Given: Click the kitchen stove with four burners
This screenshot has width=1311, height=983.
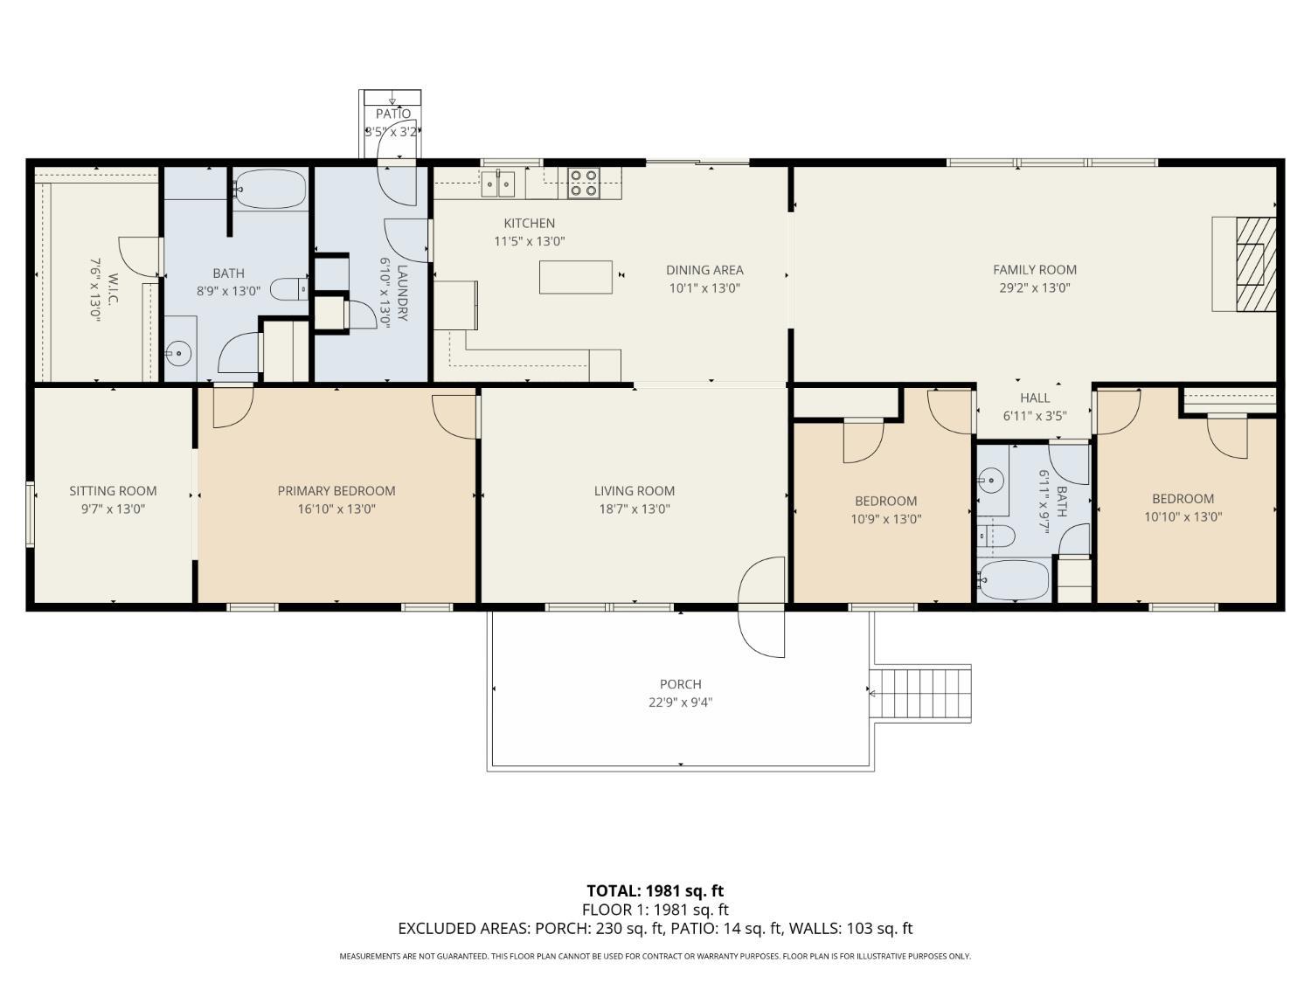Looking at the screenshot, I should (x=583, y=183).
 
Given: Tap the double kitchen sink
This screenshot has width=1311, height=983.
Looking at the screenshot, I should (x=498, y=183).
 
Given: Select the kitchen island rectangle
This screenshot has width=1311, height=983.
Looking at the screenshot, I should (x=575, y=277).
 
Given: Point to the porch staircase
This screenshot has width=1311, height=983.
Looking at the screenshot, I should (x=923, y=693).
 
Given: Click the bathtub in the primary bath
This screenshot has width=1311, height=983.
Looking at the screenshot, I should (x=270, y=190).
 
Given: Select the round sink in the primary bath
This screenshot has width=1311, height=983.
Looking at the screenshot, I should (x=178, y=355).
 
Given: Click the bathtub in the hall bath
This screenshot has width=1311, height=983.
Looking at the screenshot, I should (x=1013, y=580).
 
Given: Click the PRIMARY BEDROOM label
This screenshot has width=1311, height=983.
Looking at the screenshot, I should (x=336, y=491).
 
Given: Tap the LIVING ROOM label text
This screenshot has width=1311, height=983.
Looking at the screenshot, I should (x=634, y=491).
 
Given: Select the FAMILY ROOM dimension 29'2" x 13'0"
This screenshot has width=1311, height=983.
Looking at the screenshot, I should (x=1035, y=288).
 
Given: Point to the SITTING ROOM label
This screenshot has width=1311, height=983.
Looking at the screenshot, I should (x=113, y=491).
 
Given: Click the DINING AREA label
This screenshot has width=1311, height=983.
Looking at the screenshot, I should (x=704, y=270).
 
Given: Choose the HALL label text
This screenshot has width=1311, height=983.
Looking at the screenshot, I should (x=1035, y=398).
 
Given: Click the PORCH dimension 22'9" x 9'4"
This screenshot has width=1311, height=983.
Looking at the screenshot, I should (x=681, y=703).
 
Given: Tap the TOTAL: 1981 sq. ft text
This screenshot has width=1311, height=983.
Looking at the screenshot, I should (x=655, y=891).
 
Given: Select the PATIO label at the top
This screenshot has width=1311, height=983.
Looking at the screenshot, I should (x=392, y=114).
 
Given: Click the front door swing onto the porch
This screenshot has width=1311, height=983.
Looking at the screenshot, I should (x=761, y=607).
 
